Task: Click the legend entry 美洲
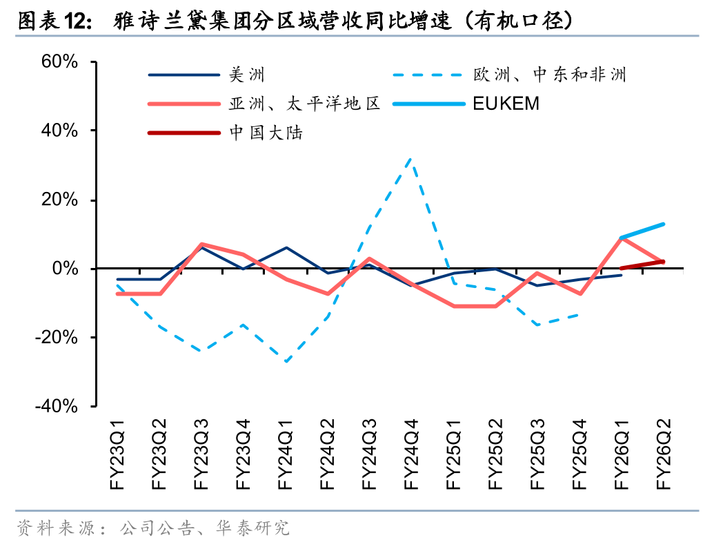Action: [x=247, y=75]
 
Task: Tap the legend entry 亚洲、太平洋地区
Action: [x=304, y=104]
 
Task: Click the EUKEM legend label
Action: [x=506, y=104]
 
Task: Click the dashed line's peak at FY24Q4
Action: [x=412, y=158]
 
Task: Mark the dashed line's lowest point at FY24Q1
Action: [x=286, y=361]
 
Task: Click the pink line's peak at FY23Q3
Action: [x=201, y=244]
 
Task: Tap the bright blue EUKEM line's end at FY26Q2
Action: [x=663, y=224]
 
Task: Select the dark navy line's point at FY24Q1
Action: [x=286, y=247]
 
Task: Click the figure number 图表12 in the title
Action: [x=52, y=21]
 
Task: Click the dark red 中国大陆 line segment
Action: [x=642, y=265]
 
